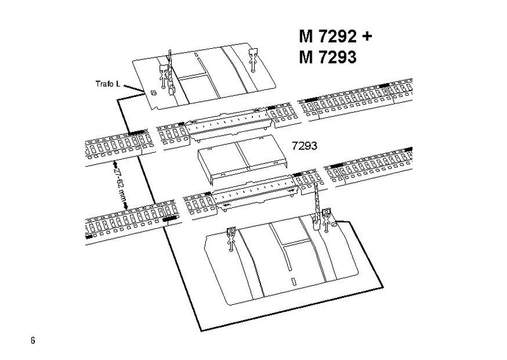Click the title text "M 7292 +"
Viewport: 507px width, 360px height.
(334, 35)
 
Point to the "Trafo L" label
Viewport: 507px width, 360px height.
(102, 83)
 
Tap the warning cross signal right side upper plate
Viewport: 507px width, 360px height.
(252, 58)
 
